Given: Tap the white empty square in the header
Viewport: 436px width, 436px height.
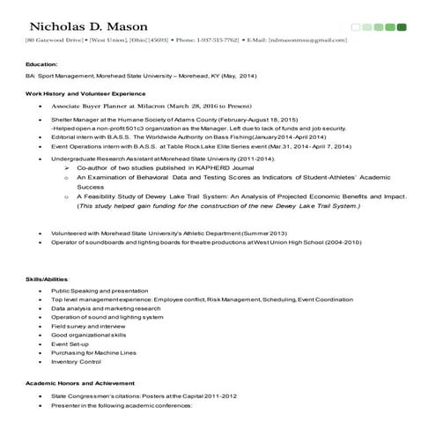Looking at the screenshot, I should tap(356, 26).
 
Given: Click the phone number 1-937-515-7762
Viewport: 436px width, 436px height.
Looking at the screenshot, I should tap(215, 41).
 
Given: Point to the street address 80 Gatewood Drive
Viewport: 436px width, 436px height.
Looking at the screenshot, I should tap(55, 41).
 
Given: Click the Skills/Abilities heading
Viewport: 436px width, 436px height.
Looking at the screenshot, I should tap(49, 279).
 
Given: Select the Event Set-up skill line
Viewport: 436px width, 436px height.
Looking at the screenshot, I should tap(71, 344).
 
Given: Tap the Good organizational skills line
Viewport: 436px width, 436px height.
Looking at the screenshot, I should tap(89, 335).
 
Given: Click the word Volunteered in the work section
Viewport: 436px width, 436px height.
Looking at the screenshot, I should tap(70, 232).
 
